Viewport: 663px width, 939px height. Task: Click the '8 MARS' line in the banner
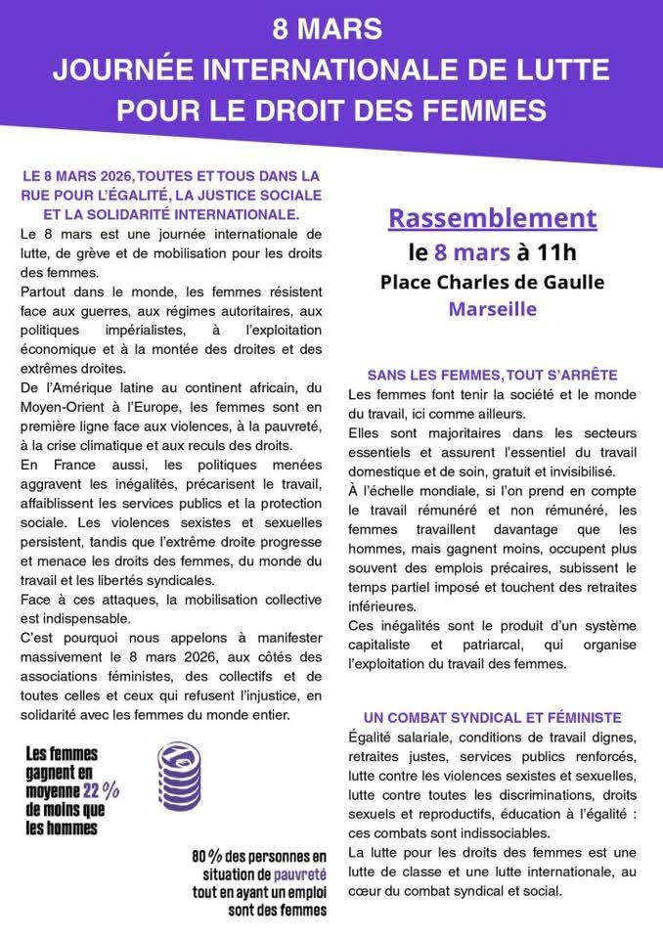point(331,30)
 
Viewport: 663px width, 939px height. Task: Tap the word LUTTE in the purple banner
point(564,70)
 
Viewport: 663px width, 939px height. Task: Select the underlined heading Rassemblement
point(492,218)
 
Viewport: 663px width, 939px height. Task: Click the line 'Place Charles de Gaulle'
point(492,282)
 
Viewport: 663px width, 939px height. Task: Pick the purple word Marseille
point(492,310)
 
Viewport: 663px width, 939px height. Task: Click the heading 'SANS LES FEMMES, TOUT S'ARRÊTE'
point(492,375)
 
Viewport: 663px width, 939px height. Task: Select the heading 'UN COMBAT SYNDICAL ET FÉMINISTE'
point(492,717)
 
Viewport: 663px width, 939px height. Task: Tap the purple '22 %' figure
point(100,790)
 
